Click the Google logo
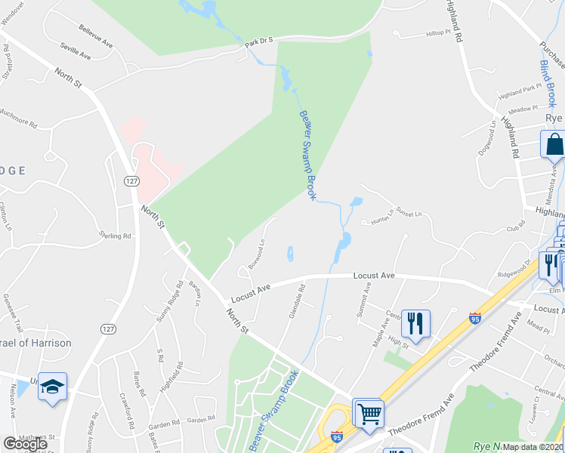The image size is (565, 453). [x=26, y=444]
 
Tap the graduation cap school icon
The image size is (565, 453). [x=51, y=387]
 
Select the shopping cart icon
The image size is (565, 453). [x=369, y=412]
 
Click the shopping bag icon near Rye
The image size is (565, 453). [x=554, y=143]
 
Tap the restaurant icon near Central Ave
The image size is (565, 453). [x=415, y=323]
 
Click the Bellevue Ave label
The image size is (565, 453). [x=95, y=36]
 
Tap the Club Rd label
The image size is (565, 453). [x=515, y=227]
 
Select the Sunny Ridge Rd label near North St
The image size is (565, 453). [x=170, y=302]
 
